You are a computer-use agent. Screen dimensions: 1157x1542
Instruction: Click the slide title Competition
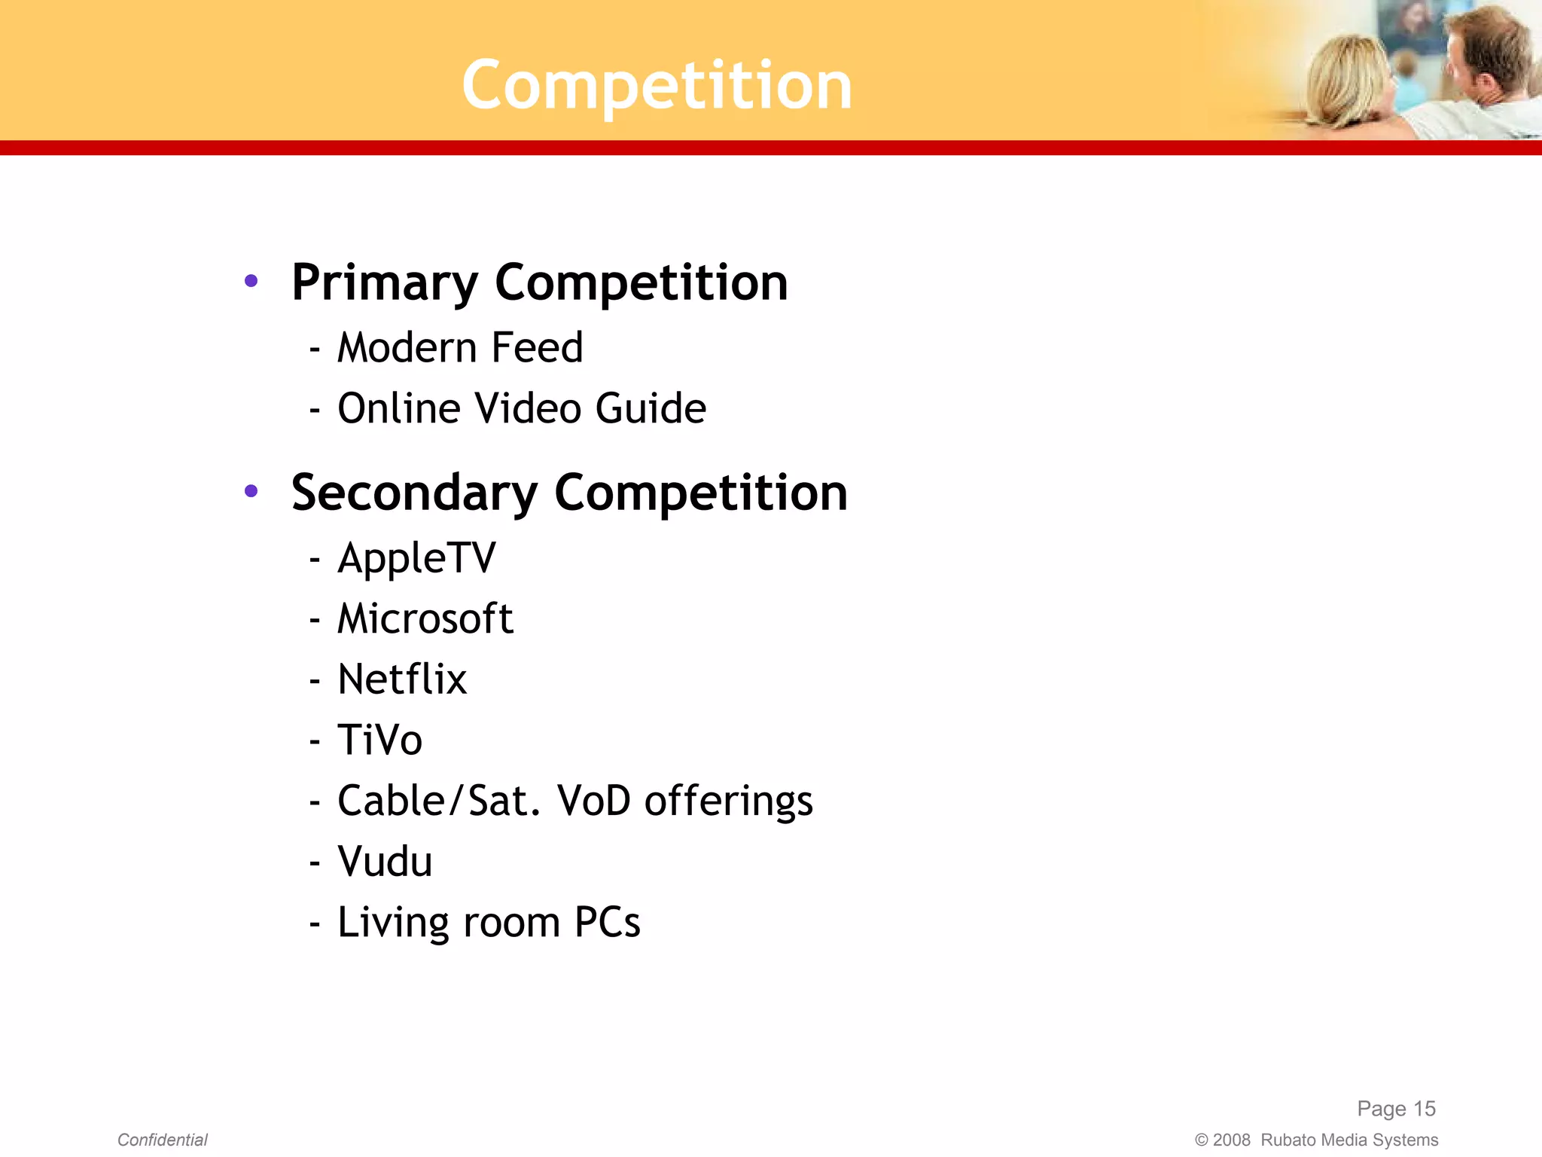coord(657,86)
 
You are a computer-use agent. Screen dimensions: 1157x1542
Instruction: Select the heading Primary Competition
coord(539,283)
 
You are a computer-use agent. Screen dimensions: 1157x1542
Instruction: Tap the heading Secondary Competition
coord(569,493)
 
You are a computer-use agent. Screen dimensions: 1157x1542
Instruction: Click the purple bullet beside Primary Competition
coord(251,282)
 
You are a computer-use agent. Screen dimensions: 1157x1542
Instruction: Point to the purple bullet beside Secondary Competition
coord(251,492)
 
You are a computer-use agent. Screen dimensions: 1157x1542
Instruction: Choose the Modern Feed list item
coord(460,348)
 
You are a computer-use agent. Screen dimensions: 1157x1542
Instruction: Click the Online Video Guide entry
coord(521,409)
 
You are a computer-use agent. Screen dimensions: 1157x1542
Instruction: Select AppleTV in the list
coord(416,559)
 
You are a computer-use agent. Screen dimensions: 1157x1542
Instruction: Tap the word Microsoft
coord(425,619)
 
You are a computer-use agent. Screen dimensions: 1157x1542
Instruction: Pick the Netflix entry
coord(402,679)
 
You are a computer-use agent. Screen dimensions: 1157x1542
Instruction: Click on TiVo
coord(379,740)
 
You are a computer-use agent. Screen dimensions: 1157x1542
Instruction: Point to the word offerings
coord(728,801)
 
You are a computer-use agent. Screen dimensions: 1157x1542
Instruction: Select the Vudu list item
coord(385,862)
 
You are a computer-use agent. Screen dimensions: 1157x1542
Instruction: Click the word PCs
coord(607,922)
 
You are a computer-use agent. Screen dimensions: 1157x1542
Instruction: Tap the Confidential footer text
coord(162,1140)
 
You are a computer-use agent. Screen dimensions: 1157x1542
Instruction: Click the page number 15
coord(1424,1109)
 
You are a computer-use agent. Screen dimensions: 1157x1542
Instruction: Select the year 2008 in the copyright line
coord(1231,1140)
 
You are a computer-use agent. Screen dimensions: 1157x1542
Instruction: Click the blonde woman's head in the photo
coord(1348,75)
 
